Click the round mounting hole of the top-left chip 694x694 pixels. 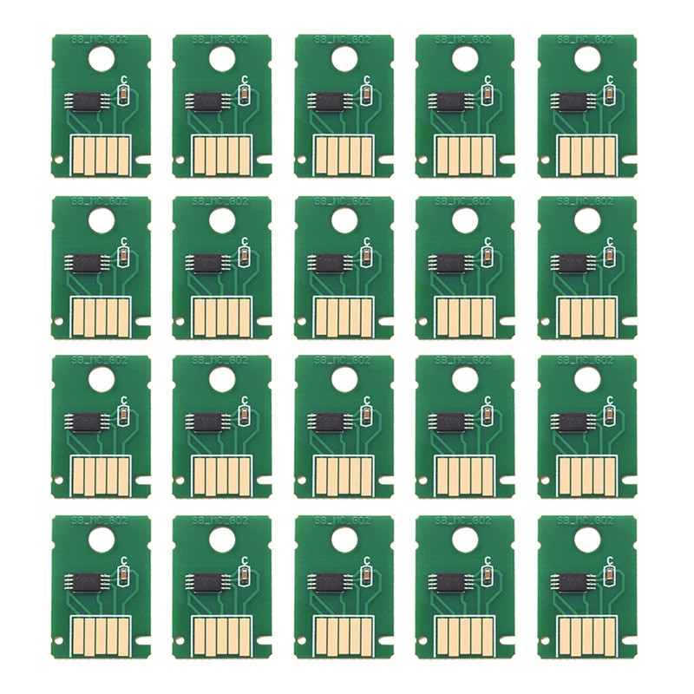click(101, 58)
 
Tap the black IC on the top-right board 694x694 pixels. click(570, 101)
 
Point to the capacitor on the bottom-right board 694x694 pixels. click(611, 574)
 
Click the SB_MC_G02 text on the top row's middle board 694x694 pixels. click(344, 40)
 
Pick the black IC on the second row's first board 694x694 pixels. click(84, 261)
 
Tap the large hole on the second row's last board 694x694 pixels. click(586, 219)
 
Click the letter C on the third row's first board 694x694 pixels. click(125, 400)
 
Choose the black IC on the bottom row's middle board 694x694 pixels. click(327, 582)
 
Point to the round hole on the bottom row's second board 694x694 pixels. click(222, 539)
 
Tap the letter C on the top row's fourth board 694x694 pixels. click(489, 79)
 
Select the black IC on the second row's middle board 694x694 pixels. click(327, 261)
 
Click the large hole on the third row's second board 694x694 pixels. click(222, 378)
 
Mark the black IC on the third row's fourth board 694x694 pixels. click(448, 422)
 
